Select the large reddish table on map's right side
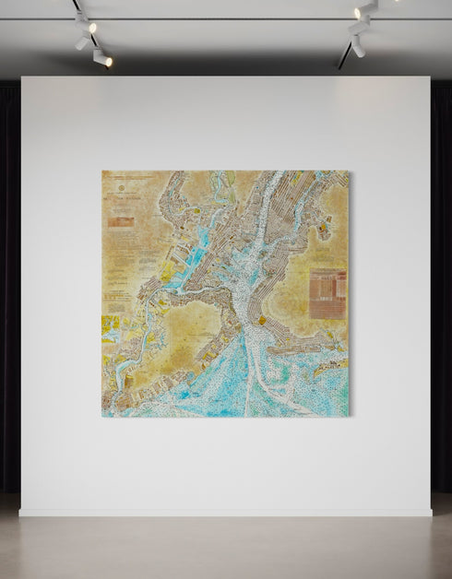(327, 293)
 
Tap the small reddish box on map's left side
(121, 221)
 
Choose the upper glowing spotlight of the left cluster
(81, 18)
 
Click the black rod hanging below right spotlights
(343, 57)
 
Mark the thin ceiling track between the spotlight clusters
(221, 19)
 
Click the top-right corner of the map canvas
(349, 171)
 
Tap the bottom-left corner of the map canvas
(102, 417)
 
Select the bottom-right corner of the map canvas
(349, 417)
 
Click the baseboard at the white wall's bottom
(226, 513)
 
